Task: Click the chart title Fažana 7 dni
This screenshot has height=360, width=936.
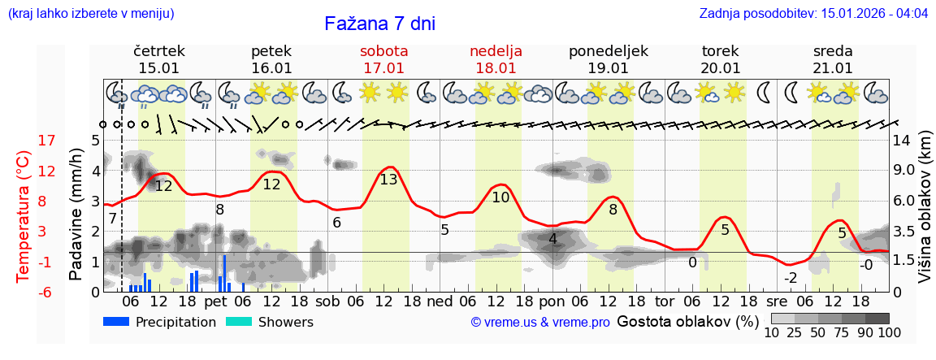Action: [379, 24]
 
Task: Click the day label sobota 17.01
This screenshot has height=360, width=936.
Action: [383, 59]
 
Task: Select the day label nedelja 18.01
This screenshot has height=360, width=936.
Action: [496, 59]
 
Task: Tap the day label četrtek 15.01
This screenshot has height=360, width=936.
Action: [159, 59]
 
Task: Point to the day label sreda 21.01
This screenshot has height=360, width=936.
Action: [833, 59]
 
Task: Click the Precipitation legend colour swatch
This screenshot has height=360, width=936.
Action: [116, 322]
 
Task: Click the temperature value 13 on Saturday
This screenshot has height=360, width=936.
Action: [389, 180]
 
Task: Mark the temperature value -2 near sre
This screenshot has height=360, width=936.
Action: [790, 278]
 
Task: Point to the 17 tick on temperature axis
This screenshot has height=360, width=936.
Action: [47, 141]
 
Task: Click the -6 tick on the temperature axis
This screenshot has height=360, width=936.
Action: [47, 292]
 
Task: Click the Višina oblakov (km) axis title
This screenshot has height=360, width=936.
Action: [925, 216]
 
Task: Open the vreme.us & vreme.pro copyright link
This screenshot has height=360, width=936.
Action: [540, 323]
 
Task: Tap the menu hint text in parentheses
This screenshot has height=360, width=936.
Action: [91, 14]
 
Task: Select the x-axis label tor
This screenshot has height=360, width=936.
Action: [665, 301]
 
